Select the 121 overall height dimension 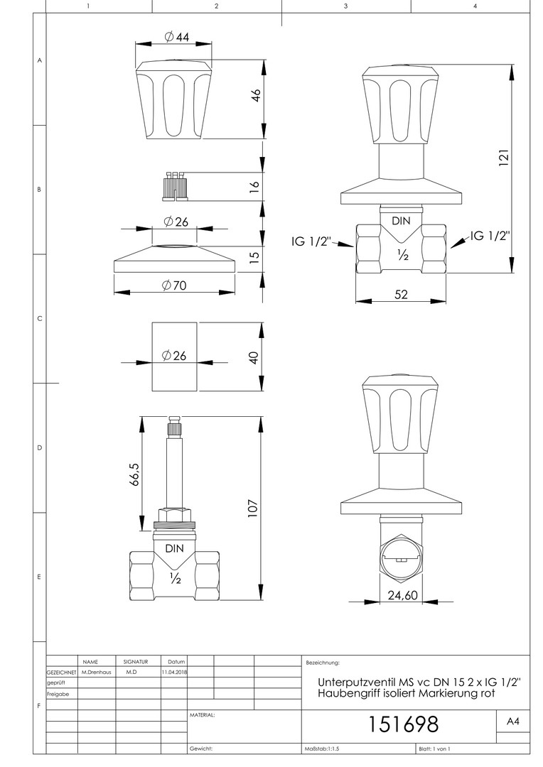504,158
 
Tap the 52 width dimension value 401,294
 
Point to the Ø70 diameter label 174,285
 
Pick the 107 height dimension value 252,508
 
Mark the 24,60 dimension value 402,595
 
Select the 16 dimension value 254,186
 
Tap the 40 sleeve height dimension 254,357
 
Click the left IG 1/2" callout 311,241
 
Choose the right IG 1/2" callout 490,236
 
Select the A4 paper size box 512,721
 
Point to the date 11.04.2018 174,672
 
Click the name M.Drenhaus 97,672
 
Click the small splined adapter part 175,186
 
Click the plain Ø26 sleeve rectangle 175,357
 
